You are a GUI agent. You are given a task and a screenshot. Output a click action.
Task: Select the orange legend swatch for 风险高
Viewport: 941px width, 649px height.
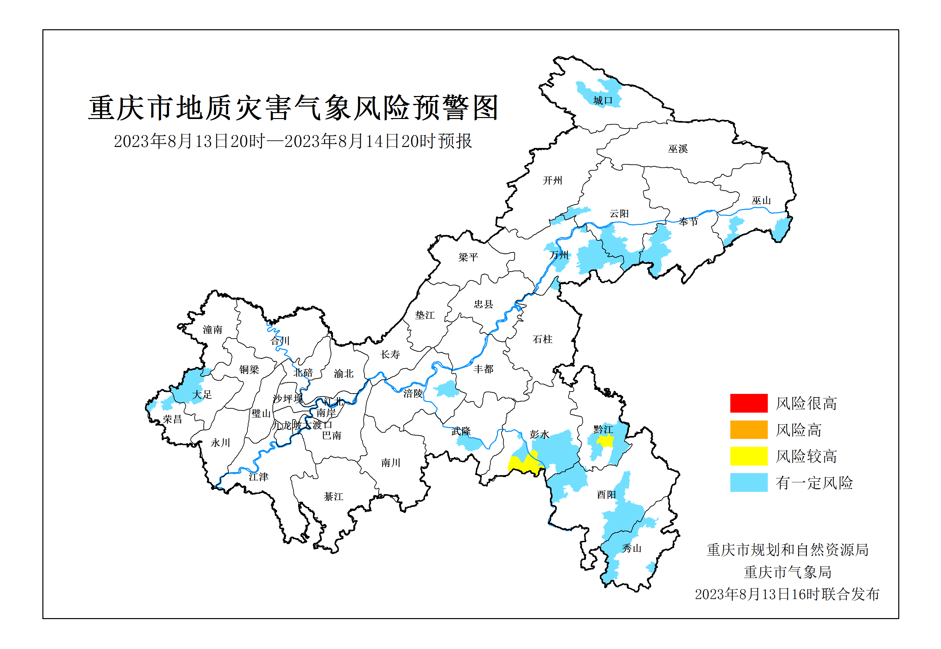(748, 429)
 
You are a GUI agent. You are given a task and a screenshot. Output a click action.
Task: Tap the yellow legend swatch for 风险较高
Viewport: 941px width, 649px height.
(748, 455)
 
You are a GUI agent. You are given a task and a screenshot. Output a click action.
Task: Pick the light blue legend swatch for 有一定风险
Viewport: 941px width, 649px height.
(748, 482)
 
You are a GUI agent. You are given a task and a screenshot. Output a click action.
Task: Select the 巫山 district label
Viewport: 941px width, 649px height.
(761, 200)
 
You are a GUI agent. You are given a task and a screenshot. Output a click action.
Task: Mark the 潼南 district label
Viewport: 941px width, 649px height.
(212, 329)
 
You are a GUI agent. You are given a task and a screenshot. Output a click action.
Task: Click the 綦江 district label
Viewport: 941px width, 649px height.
(333, 496)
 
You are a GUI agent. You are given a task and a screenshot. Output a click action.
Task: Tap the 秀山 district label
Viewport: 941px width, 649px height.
(631, 548)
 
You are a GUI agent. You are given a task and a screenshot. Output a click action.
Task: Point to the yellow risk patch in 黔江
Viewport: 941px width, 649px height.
(605, 441)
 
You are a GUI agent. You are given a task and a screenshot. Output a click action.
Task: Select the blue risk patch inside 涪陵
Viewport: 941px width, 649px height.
(447, 389)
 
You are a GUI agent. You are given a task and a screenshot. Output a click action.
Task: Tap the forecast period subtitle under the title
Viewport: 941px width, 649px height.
(293, 141)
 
